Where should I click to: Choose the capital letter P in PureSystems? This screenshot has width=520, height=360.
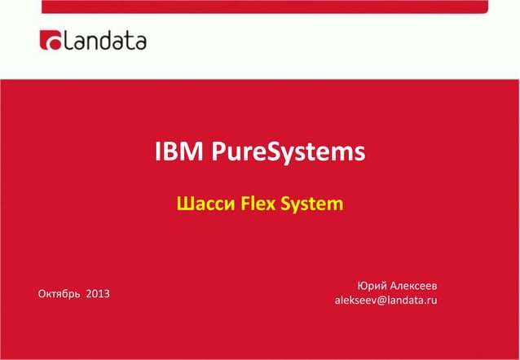coord(219,152)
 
